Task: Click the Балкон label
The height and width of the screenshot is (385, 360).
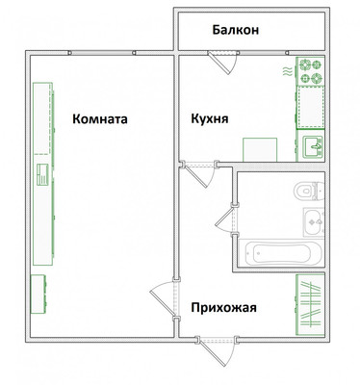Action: click(x=236, y=30)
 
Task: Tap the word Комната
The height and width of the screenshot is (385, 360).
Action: click(x=100, y=119)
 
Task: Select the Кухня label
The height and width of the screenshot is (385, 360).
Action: click(x=210, y=119)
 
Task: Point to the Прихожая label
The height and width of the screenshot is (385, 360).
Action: click(x=224, y=308)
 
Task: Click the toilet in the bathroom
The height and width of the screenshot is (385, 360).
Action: click(x=309, y=191)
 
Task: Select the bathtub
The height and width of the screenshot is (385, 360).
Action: click(x=283, y=253)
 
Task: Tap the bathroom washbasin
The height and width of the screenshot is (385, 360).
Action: click(x=314, y=221)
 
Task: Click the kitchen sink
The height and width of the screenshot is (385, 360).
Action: click(x=313, y=146)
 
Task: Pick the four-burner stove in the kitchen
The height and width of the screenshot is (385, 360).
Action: click(x=310, y=71)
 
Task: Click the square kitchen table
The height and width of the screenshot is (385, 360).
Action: click(x=260, y=150)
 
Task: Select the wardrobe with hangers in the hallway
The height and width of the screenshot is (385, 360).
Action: click(x=311, y=304)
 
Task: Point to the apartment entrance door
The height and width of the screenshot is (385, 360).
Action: click(x=217, y=350)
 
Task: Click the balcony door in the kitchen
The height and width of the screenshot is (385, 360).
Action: click(x=222, y=63)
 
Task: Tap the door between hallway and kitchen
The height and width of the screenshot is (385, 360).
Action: click(x=199, y=174)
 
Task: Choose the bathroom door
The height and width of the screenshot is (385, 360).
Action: click(x=227, y=219)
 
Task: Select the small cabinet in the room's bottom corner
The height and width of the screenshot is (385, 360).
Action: click(x=39, y=294)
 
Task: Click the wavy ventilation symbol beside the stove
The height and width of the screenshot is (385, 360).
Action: click(x=288, y=71)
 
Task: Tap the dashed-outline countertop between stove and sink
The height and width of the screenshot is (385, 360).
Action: click(x=311, y=107)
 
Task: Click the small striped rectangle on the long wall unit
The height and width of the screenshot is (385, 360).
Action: click(x=42, y=175)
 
